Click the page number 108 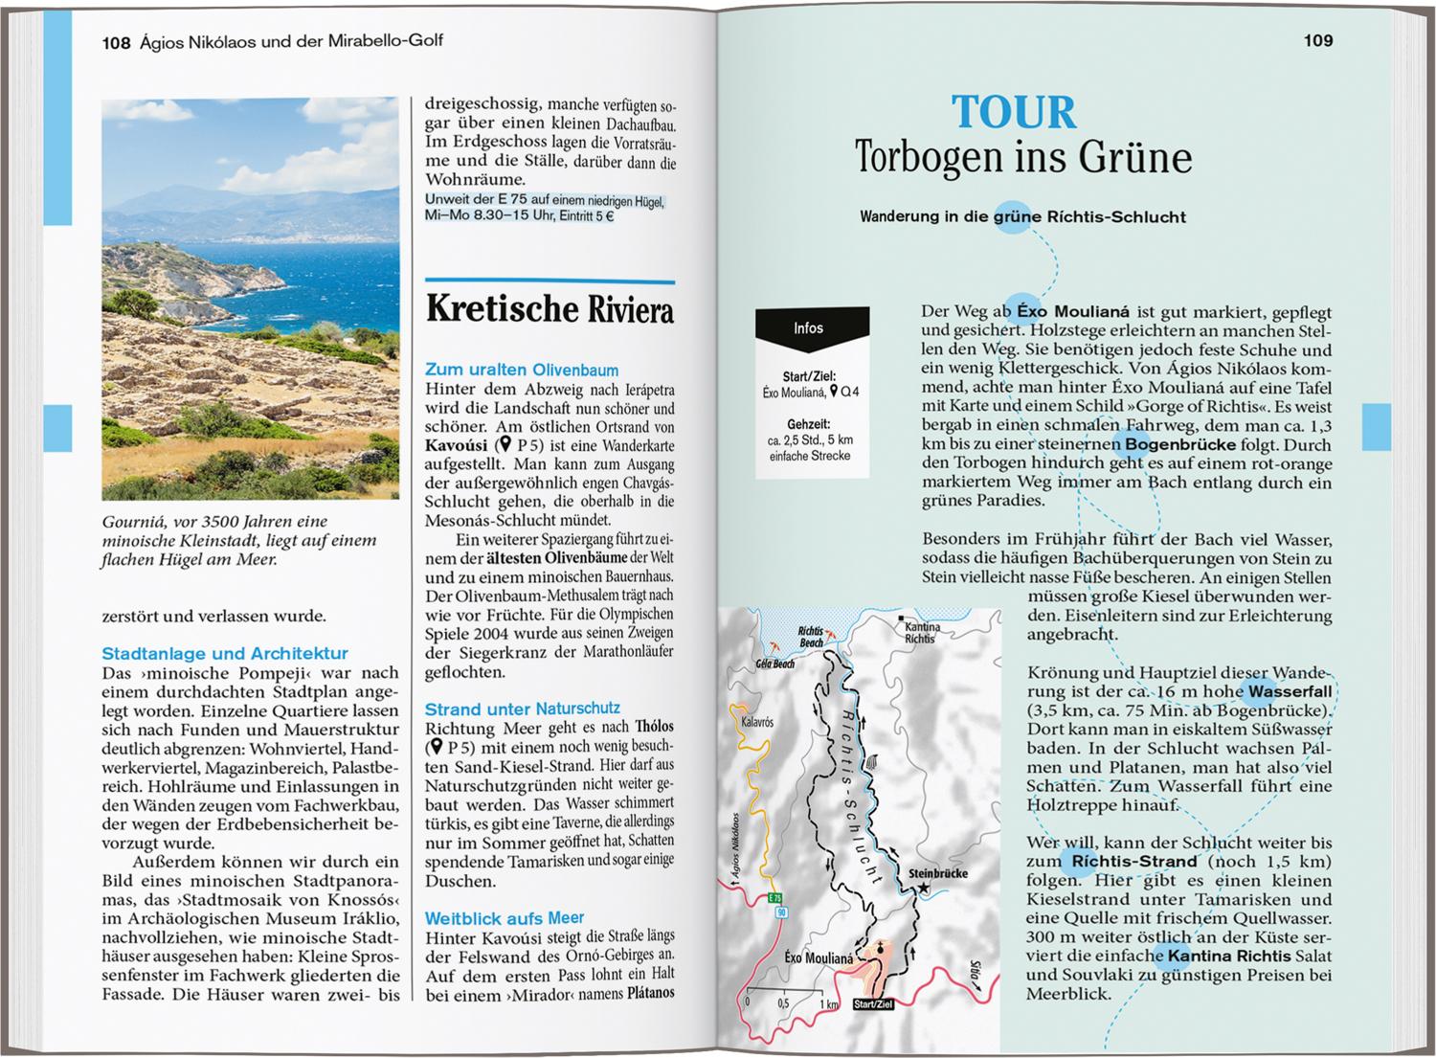click(x=116, y=41)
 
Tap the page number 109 click(x=1317, y=40)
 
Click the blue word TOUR click(x=1013, y=113)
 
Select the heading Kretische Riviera click(x=550, y=310)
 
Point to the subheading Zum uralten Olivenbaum click(x=522, y=370)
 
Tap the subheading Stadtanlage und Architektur click(x=225, y=653)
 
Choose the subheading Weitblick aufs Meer click(x=505, y=917)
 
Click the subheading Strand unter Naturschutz click(x=522, y=709)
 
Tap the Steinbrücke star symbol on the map click(x=924, y=889)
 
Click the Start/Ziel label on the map click(x=872, y=1004)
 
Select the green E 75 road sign click(x=774, y=898)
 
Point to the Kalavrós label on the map click(x=757, y=721)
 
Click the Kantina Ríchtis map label click(x=921, y=633)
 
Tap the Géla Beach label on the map click(x=775, y=664)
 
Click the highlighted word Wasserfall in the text click(x=1286, y=690)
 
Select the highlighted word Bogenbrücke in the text click(x=1176, y=444)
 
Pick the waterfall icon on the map click(x=873, y=764)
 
